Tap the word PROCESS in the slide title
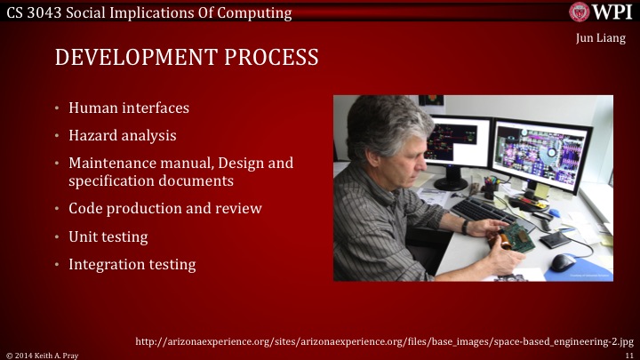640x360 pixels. [x=272, y=60]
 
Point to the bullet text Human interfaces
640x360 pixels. [x=128, y=108]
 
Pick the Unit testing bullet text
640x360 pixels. [x=108, y=237]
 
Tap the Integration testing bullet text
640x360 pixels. [x=132, y=265]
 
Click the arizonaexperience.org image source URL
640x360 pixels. [x=384, y=341]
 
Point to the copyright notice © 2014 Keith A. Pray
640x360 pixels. [x=41, y=354]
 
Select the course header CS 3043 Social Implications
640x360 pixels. [x=147, y=12]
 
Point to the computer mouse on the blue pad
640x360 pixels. [x=562, y=262]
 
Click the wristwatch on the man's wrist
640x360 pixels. [x=465, y=227]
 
